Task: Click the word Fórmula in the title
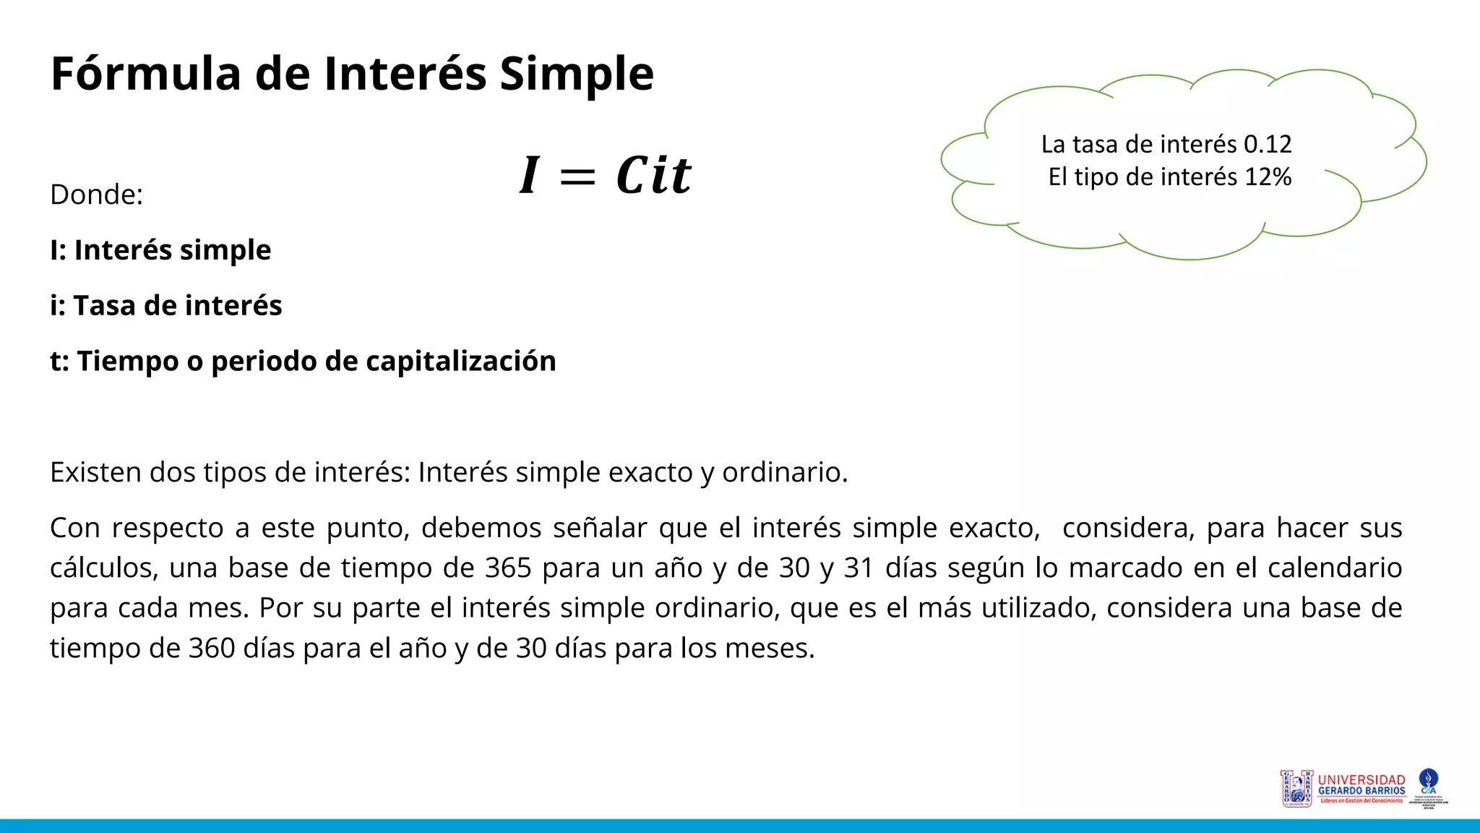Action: pos(145,74)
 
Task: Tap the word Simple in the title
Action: pos(576,74)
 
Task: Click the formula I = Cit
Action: pos(605,175)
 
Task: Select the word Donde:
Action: pos(96,195)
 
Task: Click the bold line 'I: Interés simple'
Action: pos(160,250)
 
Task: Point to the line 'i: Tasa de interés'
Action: pos(165,306)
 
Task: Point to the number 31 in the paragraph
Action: pos(859,568)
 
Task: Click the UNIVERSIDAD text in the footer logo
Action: pos(1361,780)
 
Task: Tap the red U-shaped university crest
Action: pos(1296,788)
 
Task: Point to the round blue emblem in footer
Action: pos(1428,779)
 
